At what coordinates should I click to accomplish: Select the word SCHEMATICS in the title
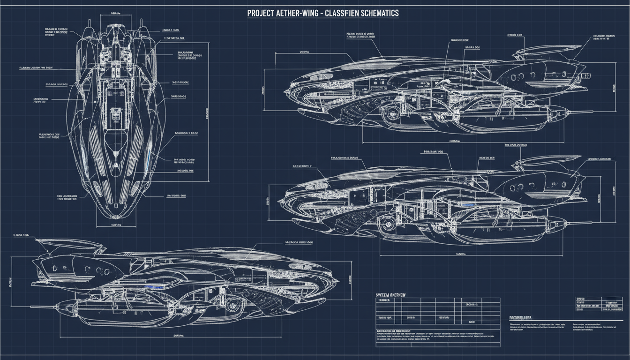[375, 13]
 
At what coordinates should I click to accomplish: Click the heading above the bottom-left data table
[390, 295]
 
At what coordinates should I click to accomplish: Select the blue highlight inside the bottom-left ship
[154, 285]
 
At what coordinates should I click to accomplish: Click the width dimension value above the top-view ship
[116, 14]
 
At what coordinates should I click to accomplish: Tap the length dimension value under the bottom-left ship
[178, 336]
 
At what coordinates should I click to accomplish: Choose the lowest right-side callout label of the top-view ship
[176, 195]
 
